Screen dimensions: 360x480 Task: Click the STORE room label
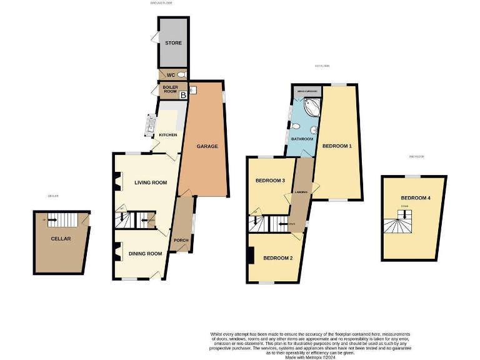click(x=173, y=43)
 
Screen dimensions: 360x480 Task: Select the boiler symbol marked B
click(x=183, y=96)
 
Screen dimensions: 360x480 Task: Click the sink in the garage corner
click(x=192, y=90)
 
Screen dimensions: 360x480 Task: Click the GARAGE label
click(x=207, y=146)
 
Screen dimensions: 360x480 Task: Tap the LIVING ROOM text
click(x=151, y=182)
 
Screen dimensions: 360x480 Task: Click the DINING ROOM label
click(x=145, y=254)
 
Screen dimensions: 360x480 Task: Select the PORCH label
click(x=181, y=241)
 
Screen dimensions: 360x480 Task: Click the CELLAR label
click(x=61, y=239)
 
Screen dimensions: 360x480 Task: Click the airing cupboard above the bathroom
click(x=307, y=91)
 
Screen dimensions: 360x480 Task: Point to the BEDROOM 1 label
click(x=337, y=146)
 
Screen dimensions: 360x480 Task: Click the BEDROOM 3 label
click(x=270, y=181)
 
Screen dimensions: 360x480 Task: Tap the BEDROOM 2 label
click(x=277, y=258)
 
